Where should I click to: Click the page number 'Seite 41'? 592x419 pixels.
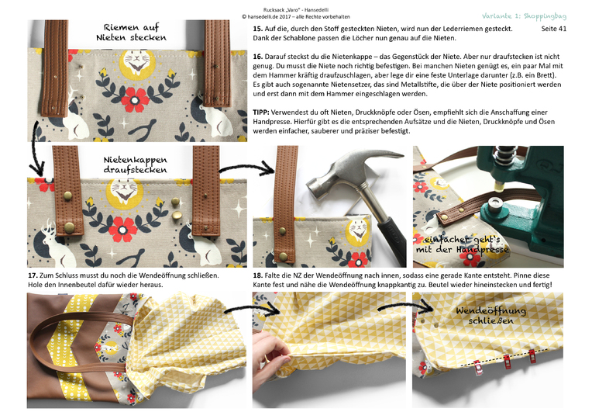point(553,29)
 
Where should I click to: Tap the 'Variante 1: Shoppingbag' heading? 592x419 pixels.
point(524,16)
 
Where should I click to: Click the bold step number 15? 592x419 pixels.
point(257,29)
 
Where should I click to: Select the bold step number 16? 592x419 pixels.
point(257,57)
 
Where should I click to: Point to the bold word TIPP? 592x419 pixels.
point(261,113)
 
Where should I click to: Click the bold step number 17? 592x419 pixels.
point(33,275)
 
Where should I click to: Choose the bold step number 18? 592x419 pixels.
point(257,275)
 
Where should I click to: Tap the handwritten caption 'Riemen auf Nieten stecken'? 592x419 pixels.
point(132,32)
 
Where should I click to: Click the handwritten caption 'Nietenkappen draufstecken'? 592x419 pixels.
point(135,164)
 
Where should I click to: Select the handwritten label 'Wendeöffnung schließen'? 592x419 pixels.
point(490,315)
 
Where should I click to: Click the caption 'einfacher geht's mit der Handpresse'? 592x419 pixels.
point(463,244)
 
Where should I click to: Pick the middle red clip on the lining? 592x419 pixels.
point(507,362)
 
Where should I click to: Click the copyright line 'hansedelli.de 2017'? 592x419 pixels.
point(296,16)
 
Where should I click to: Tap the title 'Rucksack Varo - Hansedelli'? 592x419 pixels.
point(296,10)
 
